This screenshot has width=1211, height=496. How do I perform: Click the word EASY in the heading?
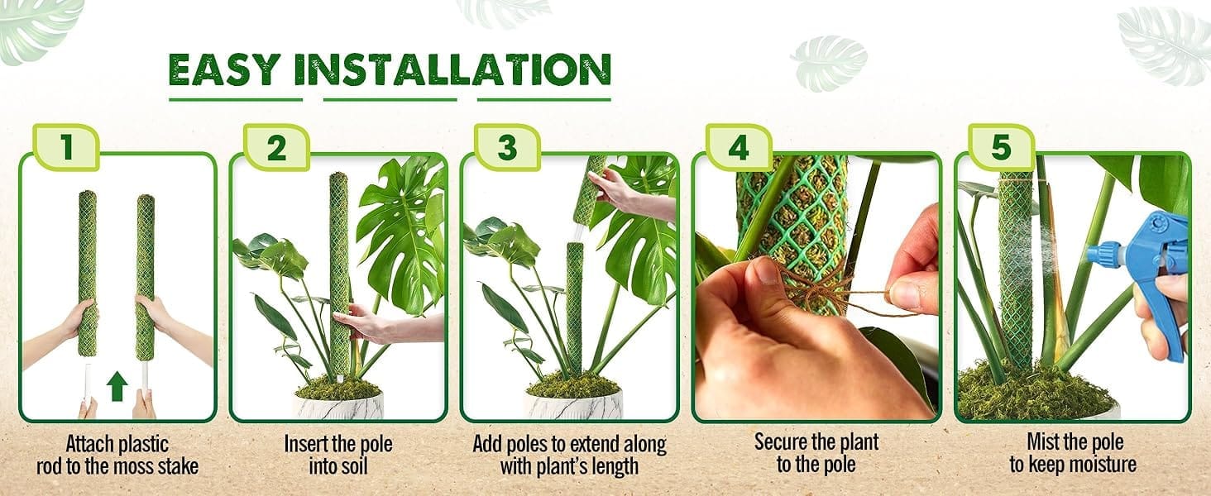pyautogui.click(x=225, y=69)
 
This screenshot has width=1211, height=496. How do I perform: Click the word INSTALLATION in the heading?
pyautogui.click(x=453, y=69)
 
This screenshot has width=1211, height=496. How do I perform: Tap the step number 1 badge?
pyautogui.click(x=66, y=147)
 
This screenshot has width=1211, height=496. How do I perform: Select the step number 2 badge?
pyautogui.click(x=276, y=147)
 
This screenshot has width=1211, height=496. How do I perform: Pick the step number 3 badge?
pyautogui.click(x=508, y=147)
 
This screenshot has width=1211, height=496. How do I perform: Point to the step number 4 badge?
pyautogui.click(x=739, y=147)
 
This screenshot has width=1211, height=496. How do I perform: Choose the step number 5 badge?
pyautogui.click(x=1001, y=147)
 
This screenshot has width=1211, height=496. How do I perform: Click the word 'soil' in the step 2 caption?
pyautogui.click(x=354, y=466)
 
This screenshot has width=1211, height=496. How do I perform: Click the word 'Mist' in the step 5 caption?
pyautogui.click(x=1044, y=442)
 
